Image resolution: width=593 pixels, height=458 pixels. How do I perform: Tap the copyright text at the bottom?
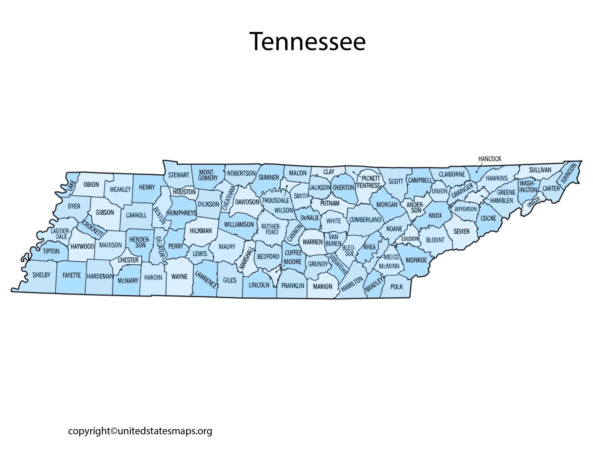(140, 431)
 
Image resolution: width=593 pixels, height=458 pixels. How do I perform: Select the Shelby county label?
(41, 275)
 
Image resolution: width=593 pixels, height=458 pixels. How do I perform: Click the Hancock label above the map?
(489, 159)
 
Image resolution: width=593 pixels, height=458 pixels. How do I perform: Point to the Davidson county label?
(247, 202)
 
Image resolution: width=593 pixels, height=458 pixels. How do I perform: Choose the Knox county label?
(435, 215)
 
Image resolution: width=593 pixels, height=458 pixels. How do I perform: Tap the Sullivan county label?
(540, 170)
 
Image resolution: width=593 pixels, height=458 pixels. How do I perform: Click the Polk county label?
(396, 286)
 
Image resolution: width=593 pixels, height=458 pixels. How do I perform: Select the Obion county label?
(91, 185)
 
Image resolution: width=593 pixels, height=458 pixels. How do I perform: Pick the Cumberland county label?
(365, 220)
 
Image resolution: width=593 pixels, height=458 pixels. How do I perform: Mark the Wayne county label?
(180, 276)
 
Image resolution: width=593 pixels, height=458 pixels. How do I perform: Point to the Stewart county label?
(179, 175)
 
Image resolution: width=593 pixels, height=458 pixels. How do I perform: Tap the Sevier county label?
(461, 231)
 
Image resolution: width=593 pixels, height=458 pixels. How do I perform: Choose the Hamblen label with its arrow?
(501, 201)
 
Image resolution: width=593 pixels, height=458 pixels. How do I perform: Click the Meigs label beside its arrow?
(391, 257)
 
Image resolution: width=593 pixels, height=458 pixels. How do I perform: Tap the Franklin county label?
(292, 286)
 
